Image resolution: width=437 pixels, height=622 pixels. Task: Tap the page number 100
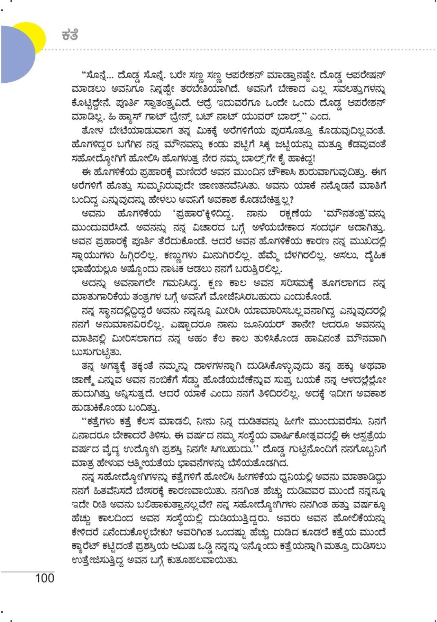point(45,578)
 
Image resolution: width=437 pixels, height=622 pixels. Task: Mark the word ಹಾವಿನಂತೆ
point(325,339)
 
